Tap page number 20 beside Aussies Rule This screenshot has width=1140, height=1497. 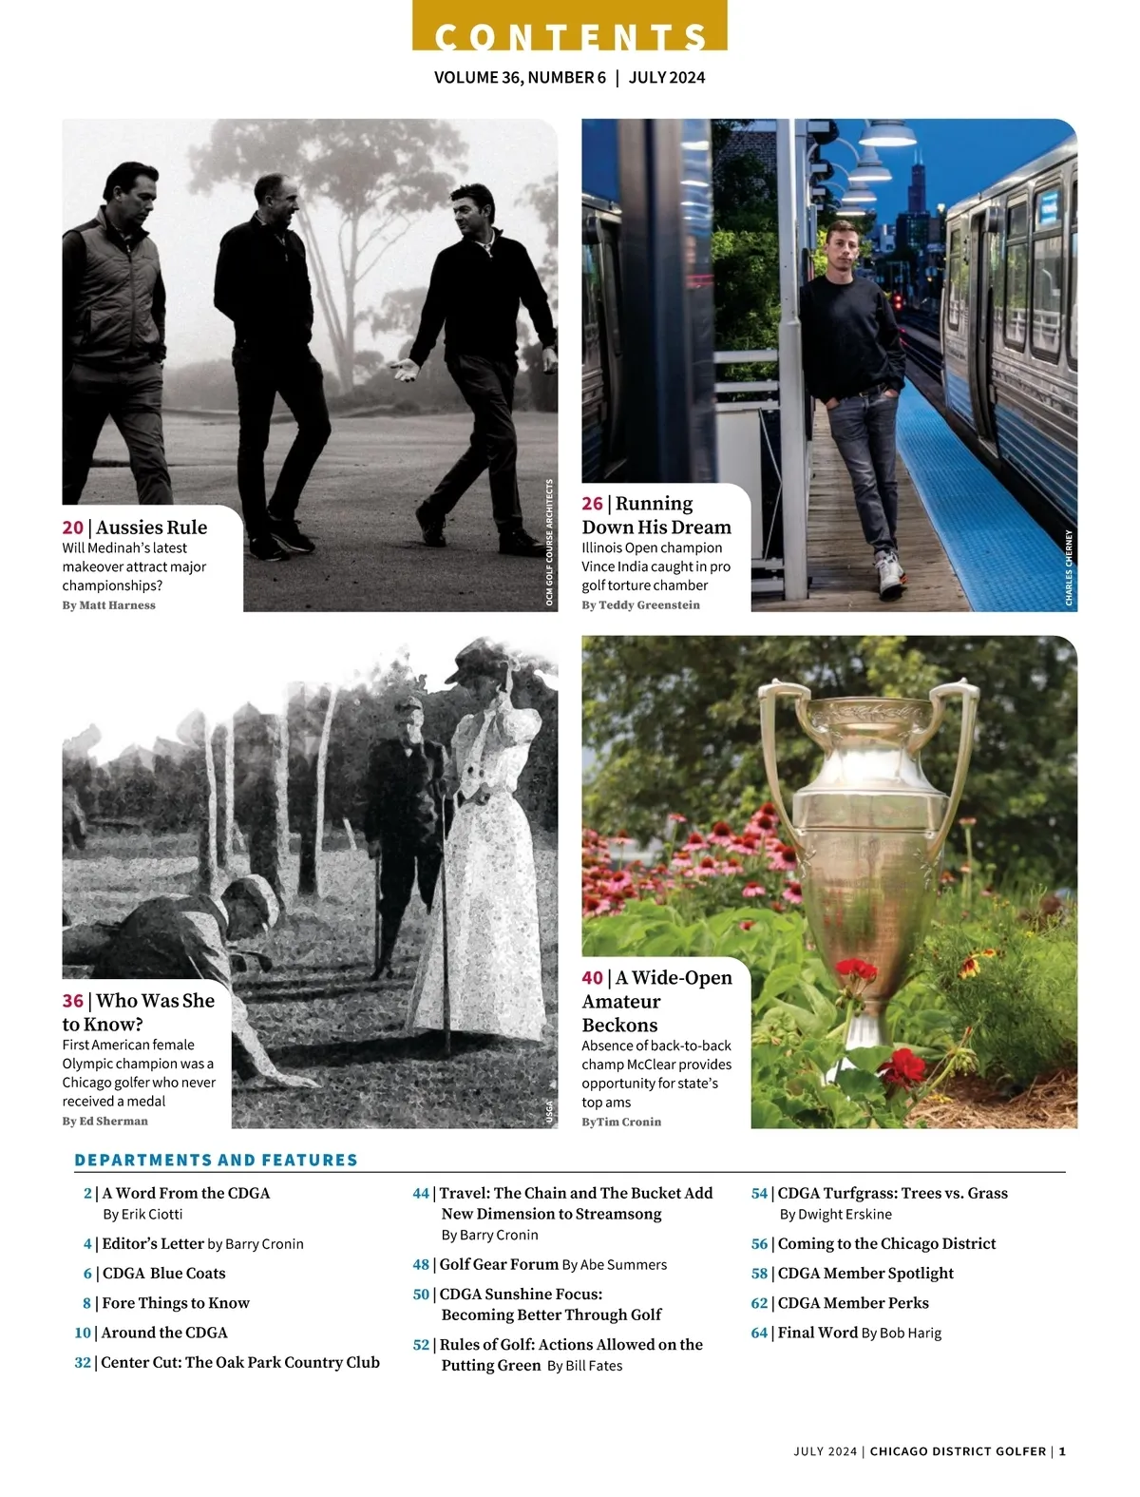tap(73, 528)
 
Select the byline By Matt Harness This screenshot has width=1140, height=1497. tap(108, 605)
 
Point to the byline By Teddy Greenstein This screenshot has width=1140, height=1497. tap(640, 605)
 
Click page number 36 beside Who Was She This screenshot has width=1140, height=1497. tap(73, 1001)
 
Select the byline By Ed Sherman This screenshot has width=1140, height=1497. tap(104, 1122)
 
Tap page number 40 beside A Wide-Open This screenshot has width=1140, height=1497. tap(593, 978)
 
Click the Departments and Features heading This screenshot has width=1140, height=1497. tap(216, 1161)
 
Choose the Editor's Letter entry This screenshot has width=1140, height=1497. tap(153, 1243)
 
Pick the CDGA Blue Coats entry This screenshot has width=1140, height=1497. tap(163, 1274)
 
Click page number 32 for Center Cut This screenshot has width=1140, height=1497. tap(83, 1363)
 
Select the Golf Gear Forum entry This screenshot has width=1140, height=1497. tap(499, 1265)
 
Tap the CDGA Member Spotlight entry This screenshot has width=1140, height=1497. tap(864, 1274)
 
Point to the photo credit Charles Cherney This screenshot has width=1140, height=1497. tap(1069, 567)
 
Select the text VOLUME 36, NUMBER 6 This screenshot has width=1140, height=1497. tap(520, 78)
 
